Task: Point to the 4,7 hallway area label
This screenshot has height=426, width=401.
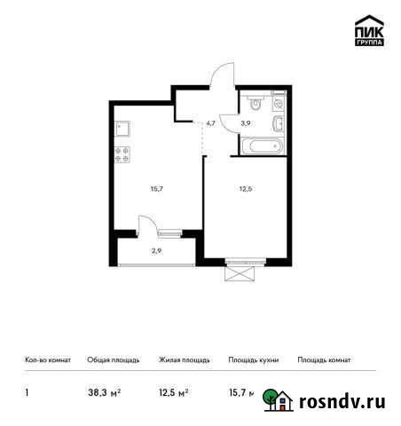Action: click(x=210, y=124)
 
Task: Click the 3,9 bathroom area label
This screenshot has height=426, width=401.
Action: click(x=246, y=124)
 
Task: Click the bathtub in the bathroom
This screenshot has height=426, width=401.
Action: click(x=262, y=146)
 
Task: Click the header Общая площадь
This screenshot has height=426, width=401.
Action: click(x=113, y=360)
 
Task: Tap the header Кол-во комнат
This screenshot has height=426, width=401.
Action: click(x=42, y=360)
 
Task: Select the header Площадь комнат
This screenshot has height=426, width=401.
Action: click(x=324, y=360)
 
